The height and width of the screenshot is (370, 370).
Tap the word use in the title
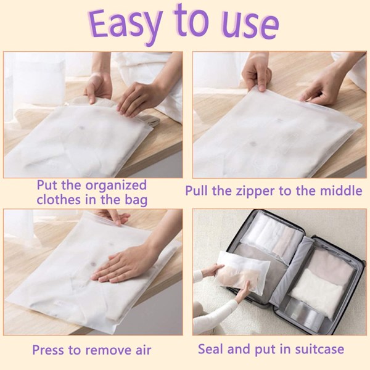[x=251, y=27]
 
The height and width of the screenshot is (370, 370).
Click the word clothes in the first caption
[x=59, y=199]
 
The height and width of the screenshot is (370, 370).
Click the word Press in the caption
[x=49, y=350]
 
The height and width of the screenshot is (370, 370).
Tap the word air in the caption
[x=143, y=350]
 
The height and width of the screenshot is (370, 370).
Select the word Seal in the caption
[x=211, y=349]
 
